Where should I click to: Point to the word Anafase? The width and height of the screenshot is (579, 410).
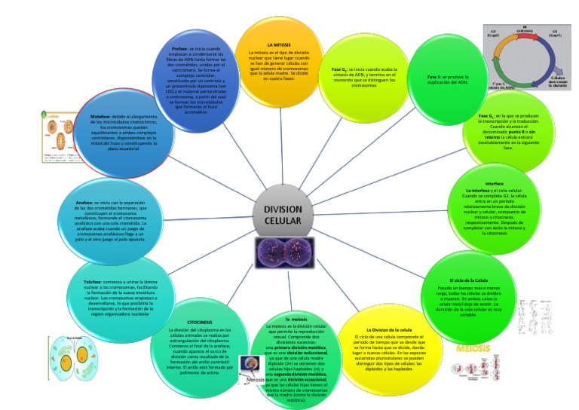coord(84,203)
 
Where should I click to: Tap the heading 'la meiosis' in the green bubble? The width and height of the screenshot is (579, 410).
coord(296,319)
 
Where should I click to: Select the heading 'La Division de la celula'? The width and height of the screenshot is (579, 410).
coord(388,329)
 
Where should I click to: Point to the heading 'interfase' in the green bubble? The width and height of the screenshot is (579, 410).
coord(495,184)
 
